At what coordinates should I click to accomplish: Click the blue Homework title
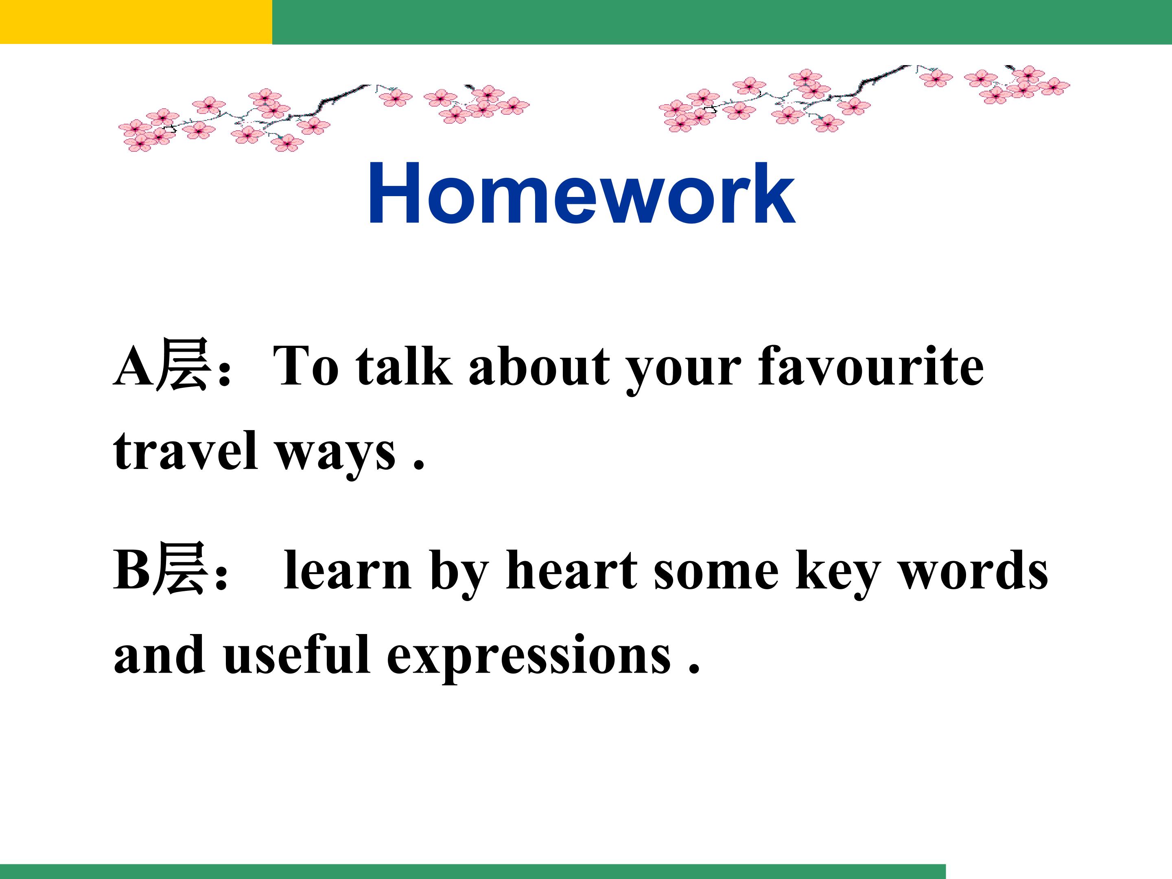581,194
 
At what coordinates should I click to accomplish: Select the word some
716,574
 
